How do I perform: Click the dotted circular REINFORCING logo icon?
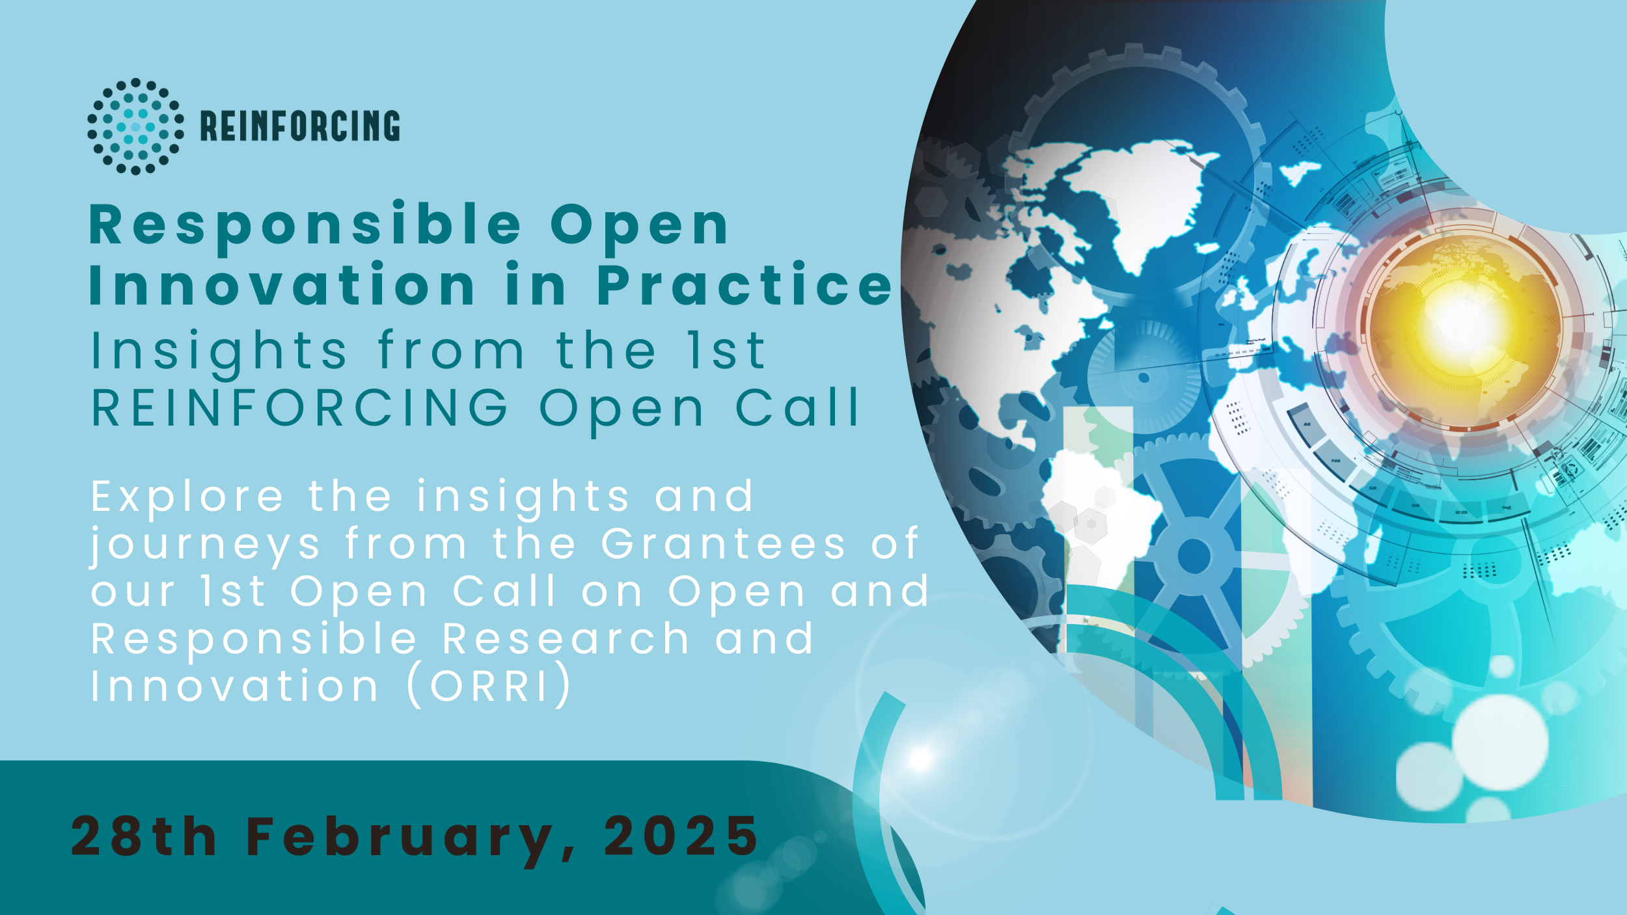pyautogui.click(x=135, y=126)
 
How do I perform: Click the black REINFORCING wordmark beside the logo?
pyautogui.click(x=300, y=126)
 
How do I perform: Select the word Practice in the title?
pyautogui.click(x=745, y=286)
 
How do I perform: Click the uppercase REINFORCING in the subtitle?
pyautogui.click(x=300, y=408)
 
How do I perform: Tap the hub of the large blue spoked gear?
pyautogui.click(x=1194, y=557)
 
